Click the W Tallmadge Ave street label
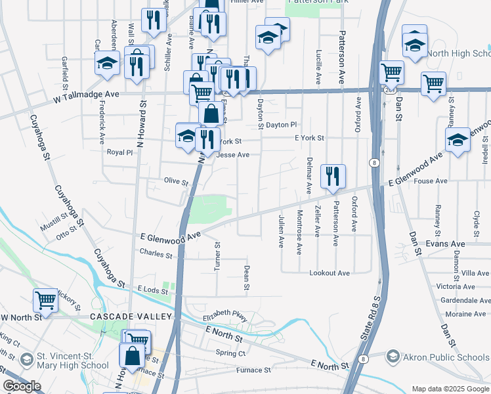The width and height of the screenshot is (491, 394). (86, 95)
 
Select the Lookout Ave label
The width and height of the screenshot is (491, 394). (330, 273)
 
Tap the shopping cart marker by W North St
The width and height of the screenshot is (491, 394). (45, 301)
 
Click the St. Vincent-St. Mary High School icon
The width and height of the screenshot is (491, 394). (26, 360)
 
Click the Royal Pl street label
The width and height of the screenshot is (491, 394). (119, 152)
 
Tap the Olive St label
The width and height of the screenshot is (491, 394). (176, 181)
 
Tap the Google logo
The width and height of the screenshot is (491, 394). (22, 386)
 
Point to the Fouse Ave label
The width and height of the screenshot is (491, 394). (431, 181)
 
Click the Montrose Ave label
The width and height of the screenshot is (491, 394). (299, 232)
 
